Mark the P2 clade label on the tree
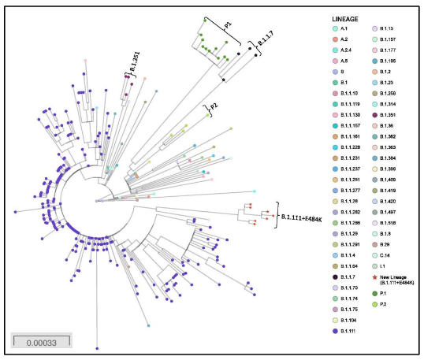214,108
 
